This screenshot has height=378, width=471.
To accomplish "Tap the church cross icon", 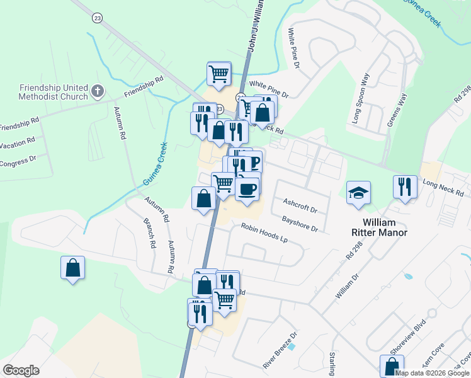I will click(x=97, y=92).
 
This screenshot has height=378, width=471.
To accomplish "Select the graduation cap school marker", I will click(x=359, y=193).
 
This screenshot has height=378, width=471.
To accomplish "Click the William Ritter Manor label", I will click(x=384, y=227).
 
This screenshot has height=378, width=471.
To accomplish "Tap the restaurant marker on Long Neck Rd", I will click(x=406, y=187).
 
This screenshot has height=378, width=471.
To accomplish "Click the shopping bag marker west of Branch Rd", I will click(x=73, y=268).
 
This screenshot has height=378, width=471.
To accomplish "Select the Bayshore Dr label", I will click(x=300, y=224).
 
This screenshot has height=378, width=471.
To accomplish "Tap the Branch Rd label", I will click(x=150, y=234).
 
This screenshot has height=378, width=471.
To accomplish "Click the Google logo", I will click(x=21, y=370).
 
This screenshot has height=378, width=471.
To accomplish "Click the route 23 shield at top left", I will click(x=96, y=18).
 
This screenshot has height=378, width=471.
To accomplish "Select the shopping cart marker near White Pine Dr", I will click(x=218, y=74).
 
